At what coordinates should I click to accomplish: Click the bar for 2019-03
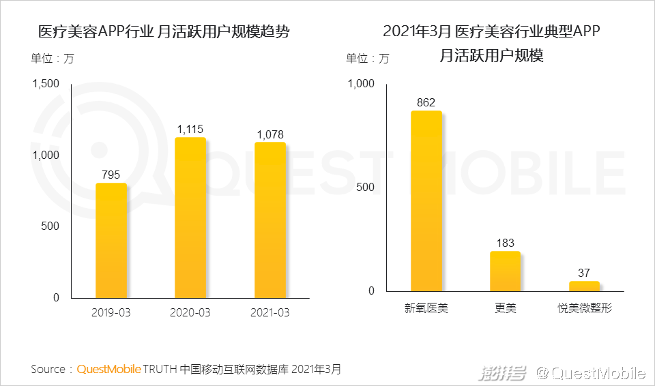pyautogui.click(x=111, y=240)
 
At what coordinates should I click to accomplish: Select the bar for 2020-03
pyautogui.click(x=190, y=218)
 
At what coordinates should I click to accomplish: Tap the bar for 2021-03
pyautogui.click(x=270, y=220)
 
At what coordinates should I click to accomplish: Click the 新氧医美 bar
pyautogui.click(x=426, y=201)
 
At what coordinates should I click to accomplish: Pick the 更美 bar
pyautogui.click(x=505, y=271)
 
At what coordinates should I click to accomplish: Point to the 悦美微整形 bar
pyautogui.click(x=584, y=286)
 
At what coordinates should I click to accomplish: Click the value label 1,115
pyautogui.click(x=190, y=129)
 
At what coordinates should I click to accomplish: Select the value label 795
pyautogui.click(x=111, y=175)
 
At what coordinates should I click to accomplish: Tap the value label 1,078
pyautogui.click(x=270, y=134)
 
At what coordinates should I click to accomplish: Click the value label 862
pyautogui.click(x=426, y=102)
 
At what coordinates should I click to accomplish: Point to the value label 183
pyautogui.click(x=505, y=243)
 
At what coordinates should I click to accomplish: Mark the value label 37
pyautogui.click(x=584, y=273)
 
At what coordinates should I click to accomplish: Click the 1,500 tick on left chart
pyautogui.click(x=46, y=84)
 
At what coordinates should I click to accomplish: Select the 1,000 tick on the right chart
pyautogui.click(x=362, y=84)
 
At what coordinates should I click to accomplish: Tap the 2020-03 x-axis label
pyautogui.click(x=190, y=313)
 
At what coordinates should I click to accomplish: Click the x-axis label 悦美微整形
pyautogui.click(x=584, y=309)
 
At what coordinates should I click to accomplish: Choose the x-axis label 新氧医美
pyautogui.click(x=426, y=309)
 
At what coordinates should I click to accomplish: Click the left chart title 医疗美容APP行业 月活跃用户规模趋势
pyautogui.click(x=164, y=32)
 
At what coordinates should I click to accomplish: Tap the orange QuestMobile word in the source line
pyautogui.click(x=109, y=370)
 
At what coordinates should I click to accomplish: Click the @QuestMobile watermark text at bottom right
pyautogui.click(x=590, y=372)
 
